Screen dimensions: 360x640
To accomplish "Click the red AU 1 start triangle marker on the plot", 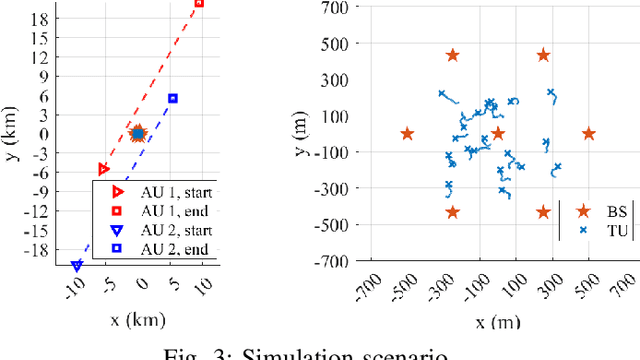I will click(103, 169).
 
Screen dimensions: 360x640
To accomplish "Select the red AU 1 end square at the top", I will click(199, 3).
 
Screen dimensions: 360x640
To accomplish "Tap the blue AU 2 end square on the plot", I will click(173, 98).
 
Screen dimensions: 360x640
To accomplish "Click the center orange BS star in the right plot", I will click(498, 133).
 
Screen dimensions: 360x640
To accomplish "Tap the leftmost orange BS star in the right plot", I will click(407, 133).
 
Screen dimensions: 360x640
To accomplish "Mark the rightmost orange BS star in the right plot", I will click(588, 133).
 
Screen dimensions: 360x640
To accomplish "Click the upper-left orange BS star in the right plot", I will click(452, 56).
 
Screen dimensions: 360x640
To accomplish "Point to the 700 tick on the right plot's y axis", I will click(332, 8).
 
